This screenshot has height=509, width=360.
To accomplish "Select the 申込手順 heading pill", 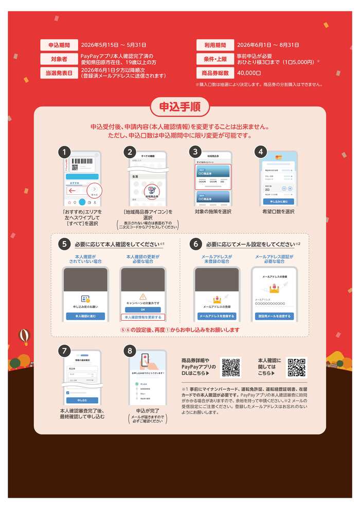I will tap(180, 107).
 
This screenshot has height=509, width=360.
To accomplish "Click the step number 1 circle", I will tap(64, 152).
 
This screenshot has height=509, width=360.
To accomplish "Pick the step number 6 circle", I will tap(195, 244).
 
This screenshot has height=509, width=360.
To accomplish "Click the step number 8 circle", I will tap(130, 351).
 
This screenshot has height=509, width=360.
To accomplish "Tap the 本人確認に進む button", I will tap(85, 316).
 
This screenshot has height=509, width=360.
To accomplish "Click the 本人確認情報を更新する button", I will tap(143, 317).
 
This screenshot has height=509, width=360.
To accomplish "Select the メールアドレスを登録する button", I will tap(217, 316).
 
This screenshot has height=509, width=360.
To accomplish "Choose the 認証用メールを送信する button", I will tap(274, 316).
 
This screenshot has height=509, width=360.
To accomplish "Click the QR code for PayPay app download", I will tap(230, 367).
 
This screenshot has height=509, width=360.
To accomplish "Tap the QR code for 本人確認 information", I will tap(296, 367).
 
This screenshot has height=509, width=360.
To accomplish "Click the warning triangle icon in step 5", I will tap(143, 297).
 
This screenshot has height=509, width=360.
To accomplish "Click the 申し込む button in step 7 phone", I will tap(82, 399).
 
